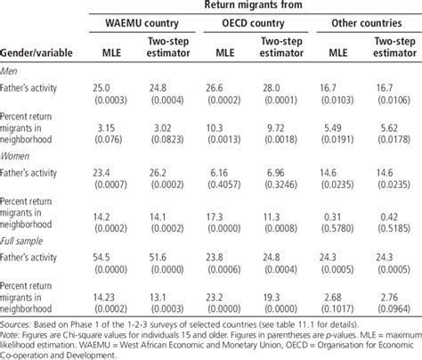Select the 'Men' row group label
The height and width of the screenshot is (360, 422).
click(x=13, y=71)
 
